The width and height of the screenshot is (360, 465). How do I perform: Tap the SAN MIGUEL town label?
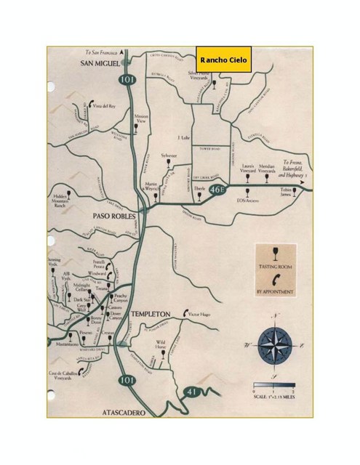[100, 64]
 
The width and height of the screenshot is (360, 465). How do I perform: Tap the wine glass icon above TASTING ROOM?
[273, 254]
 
